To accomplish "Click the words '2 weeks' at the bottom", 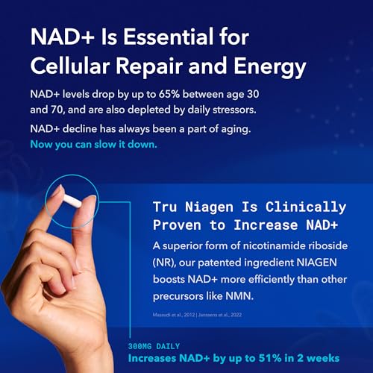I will point(323,357).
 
